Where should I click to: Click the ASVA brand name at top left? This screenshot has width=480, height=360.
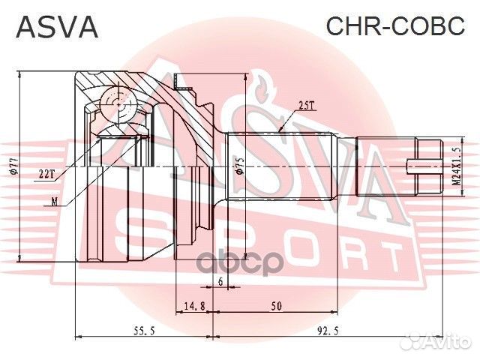[x=57, y=28]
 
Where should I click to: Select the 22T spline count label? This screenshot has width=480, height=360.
[x=46, y=174]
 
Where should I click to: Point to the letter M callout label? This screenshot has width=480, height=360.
[x=54, y=200]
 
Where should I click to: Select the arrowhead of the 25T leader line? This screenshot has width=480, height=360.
[x=279, y=132]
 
